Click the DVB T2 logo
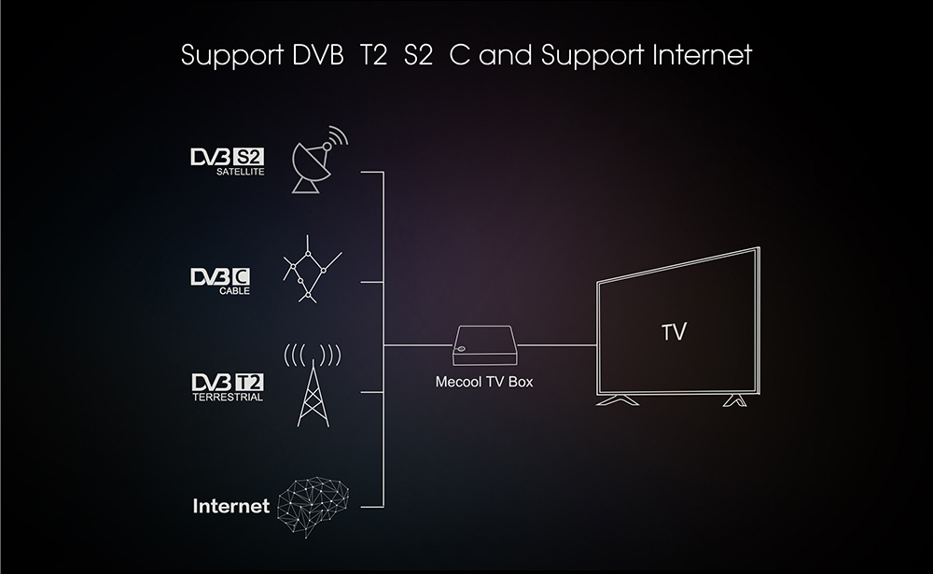click(x=227, y=383)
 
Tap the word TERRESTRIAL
click(x=227, y=398)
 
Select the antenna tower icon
click(x=312, y=386)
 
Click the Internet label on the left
click(x=230, y=507)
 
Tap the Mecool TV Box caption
click(x=484, y=382)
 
